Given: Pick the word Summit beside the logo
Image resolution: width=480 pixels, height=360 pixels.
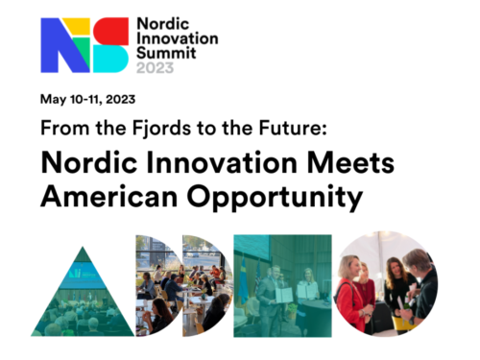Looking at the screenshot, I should pyautogui.click(x=164, y=54).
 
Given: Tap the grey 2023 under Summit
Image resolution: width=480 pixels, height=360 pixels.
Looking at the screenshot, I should pyautogui.click(x=156, y=69).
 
